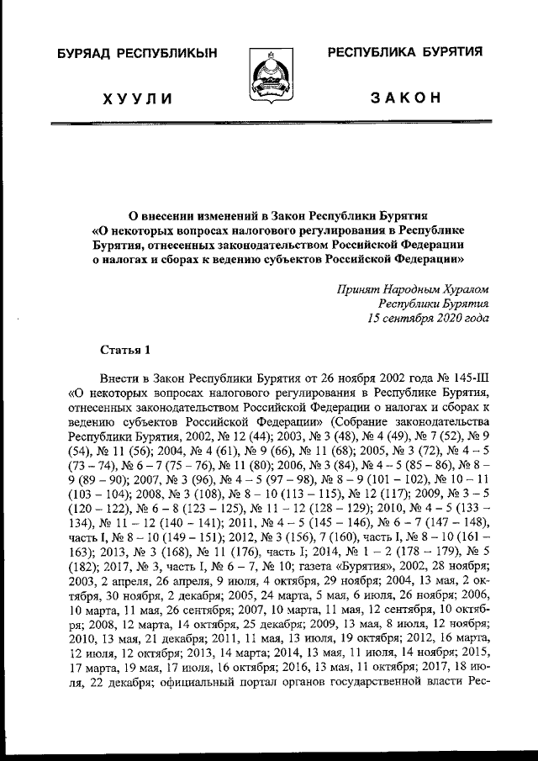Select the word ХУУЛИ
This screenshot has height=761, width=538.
pyautogui.click(x=137, y=98)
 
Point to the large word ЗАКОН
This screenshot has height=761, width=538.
pyautogui.click(x=405, y=98)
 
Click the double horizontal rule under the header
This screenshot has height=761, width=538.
pyautogui.click(x=269, y=124)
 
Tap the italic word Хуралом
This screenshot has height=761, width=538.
pyautogui.click(x=461, y=287)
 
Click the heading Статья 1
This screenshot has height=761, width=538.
pyautogui.click(x=125, y=348)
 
